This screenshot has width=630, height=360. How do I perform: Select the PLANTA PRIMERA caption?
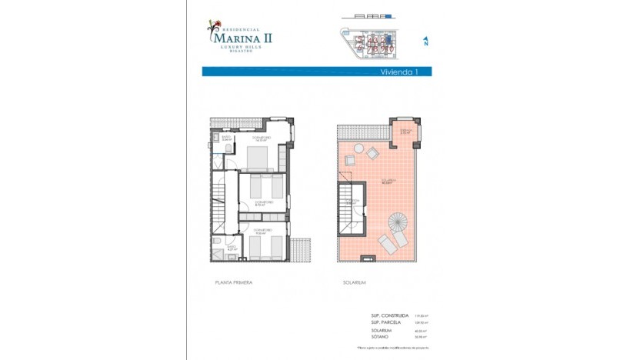coord(234,283)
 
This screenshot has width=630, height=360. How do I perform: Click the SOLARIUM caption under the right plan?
coord(355,283)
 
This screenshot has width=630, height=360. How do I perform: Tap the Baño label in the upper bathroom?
coord(217,138)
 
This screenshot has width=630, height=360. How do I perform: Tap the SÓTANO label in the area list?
coord(380,336)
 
